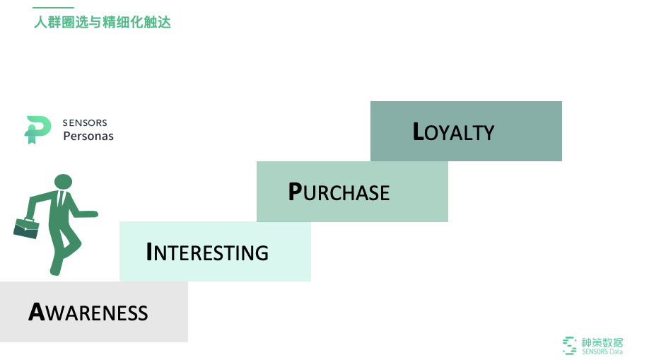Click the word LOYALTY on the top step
[x=454, y=132]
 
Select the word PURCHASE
[x=339, y=192]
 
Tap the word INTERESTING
[x=207, y=252]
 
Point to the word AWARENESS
[x=88, y=312]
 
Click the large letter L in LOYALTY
[x=419, y=132]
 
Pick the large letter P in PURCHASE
[x=295, y=192]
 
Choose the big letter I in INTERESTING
[x=149, y=252]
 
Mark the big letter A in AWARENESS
[x=37, y=312]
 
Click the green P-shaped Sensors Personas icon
[x=37, y=129]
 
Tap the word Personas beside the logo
[x=88, y=136]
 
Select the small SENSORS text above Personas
[x=85, y=123]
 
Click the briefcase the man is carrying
[x=26, y=228]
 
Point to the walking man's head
[x=63, y=182]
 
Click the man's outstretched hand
[x=92, y=214]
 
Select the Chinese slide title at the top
[x=103, y=22]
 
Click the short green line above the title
[x=53, y=8]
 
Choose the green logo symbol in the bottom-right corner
[x=569, y=345]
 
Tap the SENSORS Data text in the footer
[x=602, y=352]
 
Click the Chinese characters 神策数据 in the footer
[x=602, y=341]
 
